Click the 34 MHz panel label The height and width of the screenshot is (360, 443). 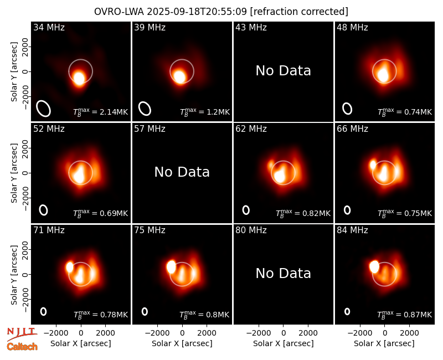click(49, 27)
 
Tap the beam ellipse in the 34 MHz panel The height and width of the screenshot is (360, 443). click(44, 108)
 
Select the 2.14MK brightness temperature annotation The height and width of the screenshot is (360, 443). click(101, 112)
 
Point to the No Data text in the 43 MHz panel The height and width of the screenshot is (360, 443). click(283, 71)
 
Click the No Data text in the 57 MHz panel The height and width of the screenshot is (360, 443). click(182, 172)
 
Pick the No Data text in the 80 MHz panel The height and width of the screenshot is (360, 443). click(283, 273)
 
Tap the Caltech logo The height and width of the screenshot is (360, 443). click(22, 347)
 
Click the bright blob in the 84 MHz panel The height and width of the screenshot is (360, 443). click(374, 266)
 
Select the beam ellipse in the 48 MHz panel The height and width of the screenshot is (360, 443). click(347, 109)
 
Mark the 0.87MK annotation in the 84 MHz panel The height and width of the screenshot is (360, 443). click(405, 315)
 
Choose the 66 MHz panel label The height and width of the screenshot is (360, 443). click(352, 129)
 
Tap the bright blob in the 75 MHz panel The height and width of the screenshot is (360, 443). click(171, 267)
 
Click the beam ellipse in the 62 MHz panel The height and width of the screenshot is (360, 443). click(246, 210)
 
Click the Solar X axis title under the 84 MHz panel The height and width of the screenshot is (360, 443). click(384, 343)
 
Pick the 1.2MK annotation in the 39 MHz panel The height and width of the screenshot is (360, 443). click(205, 112)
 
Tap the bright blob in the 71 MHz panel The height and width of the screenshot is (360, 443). click(70, 267)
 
